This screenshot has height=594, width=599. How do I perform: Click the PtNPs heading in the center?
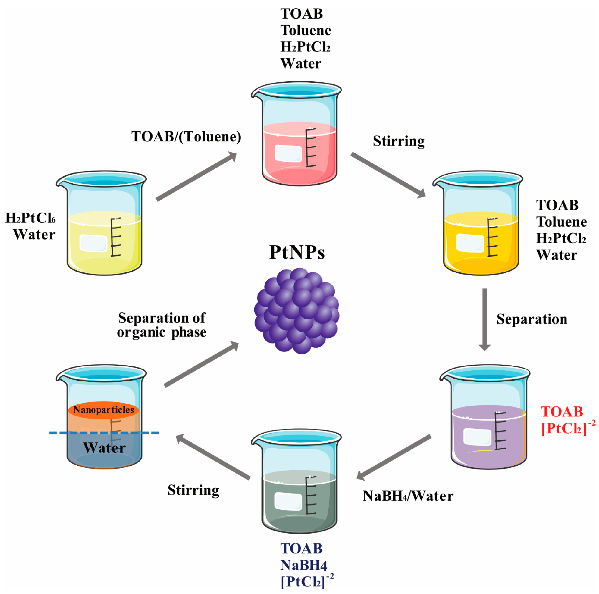297,253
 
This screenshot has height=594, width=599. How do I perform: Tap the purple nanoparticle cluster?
297,311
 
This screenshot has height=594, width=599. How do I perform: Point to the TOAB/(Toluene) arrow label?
186,137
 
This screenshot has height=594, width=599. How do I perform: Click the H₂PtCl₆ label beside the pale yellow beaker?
30,218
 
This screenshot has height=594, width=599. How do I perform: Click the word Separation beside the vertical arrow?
532,319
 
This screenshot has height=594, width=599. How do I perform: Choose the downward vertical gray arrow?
485,319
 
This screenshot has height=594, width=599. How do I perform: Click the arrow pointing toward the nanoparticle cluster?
201,364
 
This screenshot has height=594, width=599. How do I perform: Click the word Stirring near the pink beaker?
399,141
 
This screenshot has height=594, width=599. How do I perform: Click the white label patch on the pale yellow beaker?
93,243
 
